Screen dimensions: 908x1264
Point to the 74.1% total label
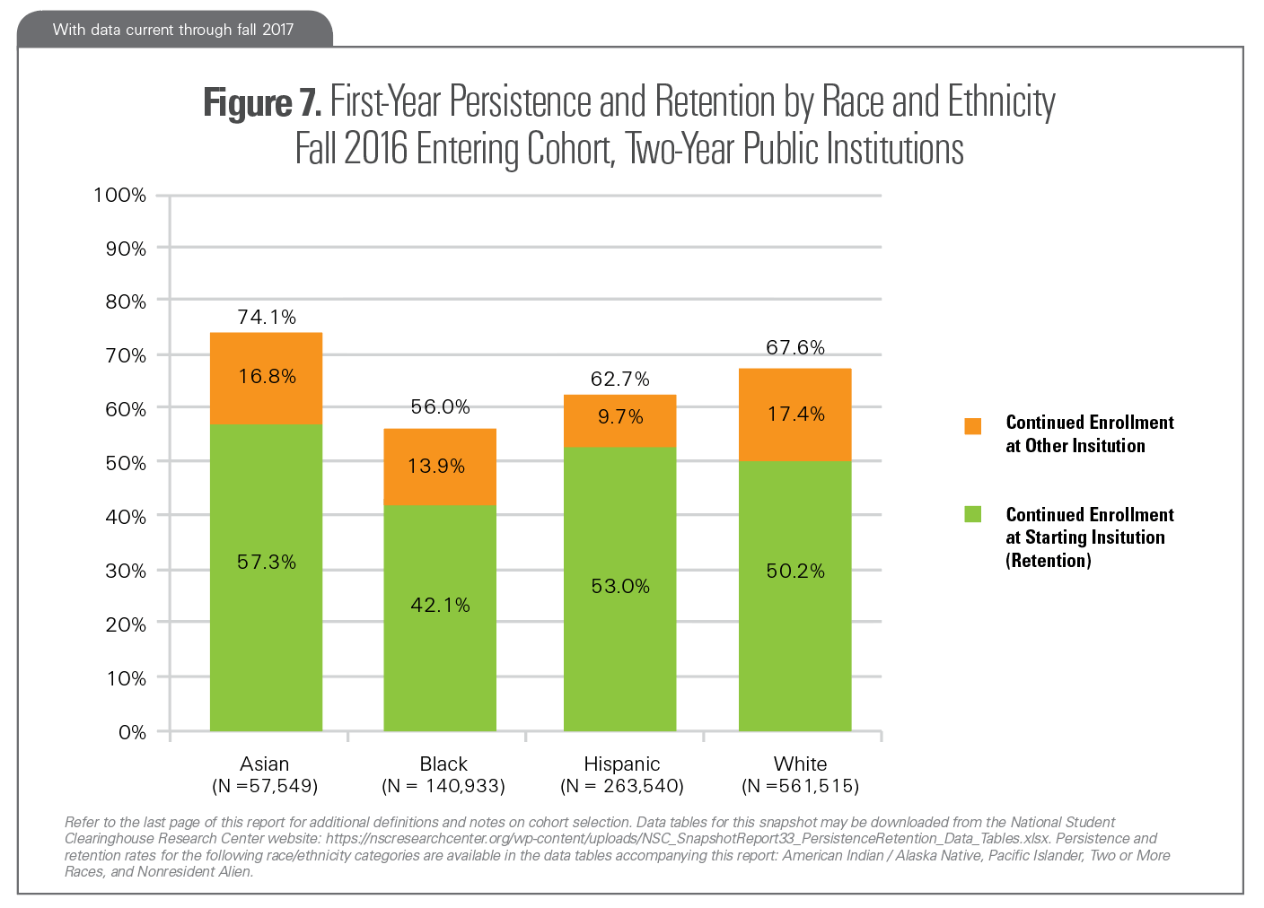click(267, 317)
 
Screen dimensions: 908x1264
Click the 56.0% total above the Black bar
click(440, 406)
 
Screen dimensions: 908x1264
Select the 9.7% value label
click(620, 416)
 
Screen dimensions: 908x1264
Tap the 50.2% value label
click(794, 571)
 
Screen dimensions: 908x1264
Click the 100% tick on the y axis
click(119, 195)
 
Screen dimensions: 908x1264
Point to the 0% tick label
click(132, 732)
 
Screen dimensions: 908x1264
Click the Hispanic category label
click(621, 764)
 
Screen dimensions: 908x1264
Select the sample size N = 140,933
click(443, 786)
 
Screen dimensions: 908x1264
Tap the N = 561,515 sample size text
click(800, 786)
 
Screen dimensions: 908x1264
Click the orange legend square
click(972, 426)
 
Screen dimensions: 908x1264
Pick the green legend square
click(972, 514)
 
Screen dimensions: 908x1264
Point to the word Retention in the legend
click(1049, 561)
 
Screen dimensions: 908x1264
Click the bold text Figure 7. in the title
click(261, 102)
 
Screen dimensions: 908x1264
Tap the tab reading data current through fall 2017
click(173, 30)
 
